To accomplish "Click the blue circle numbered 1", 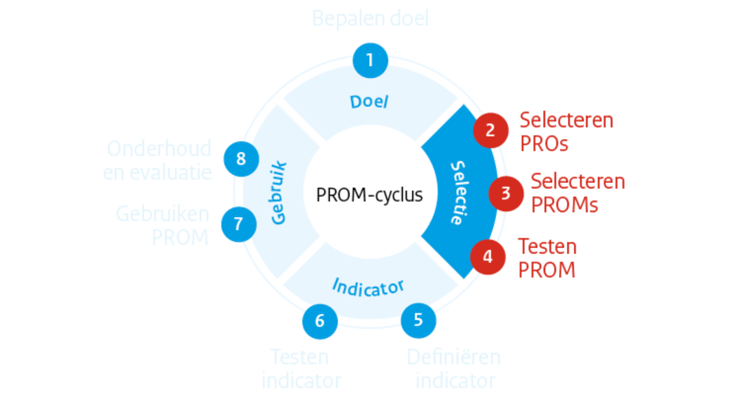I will pos(370,61).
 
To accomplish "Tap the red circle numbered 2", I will pos(490,131).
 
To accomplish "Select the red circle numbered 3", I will pos(506,194).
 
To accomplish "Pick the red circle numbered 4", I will pos(488,257).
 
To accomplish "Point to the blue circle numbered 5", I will pos(418,320).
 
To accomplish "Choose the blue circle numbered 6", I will pos(320,321).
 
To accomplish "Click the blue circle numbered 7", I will pos(239,225).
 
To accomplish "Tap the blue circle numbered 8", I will pos(241,159).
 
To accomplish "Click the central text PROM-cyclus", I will pos(369,195).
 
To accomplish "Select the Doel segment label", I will pos(369,102).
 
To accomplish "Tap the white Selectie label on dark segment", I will pos(459,193).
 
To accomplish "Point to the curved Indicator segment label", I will pos(368,287).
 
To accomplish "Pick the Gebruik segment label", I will pos(278,193).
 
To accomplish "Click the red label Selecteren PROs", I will pos(566,132).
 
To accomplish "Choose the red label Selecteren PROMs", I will pos(578,193).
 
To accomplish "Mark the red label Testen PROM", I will pos(547,258).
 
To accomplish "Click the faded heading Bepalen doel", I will pos(370,19).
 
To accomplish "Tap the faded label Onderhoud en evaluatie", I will pos(157,160).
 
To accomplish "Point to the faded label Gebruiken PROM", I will pos(163,225).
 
